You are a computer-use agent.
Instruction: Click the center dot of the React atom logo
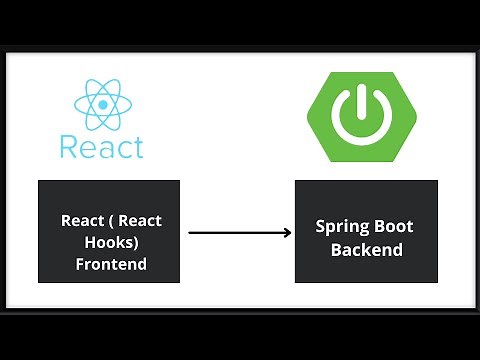point(101,103)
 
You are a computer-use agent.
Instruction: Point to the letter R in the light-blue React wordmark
point(68,146)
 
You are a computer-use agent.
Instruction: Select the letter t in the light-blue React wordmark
point(138,146)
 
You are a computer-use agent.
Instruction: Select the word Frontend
point(111,265)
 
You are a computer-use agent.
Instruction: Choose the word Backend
point(367,250)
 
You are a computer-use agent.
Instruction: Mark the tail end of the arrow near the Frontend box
point(190,233)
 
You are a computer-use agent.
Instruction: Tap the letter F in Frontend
point(80,265)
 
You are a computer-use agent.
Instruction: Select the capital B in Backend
point(337,250)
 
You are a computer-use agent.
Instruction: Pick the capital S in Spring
point(321,227)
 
